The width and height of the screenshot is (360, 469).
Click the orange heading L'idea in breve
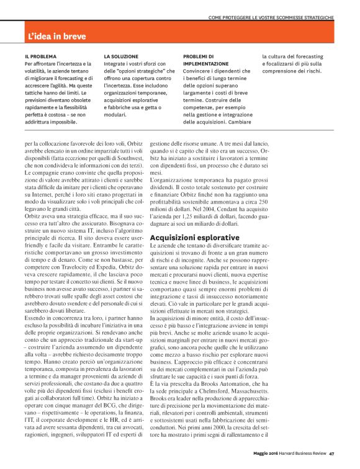57,37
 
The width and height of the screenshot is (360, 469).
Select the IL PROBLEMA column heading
40,56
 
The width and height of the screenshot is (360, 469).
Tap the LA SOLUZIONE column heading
120,56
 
